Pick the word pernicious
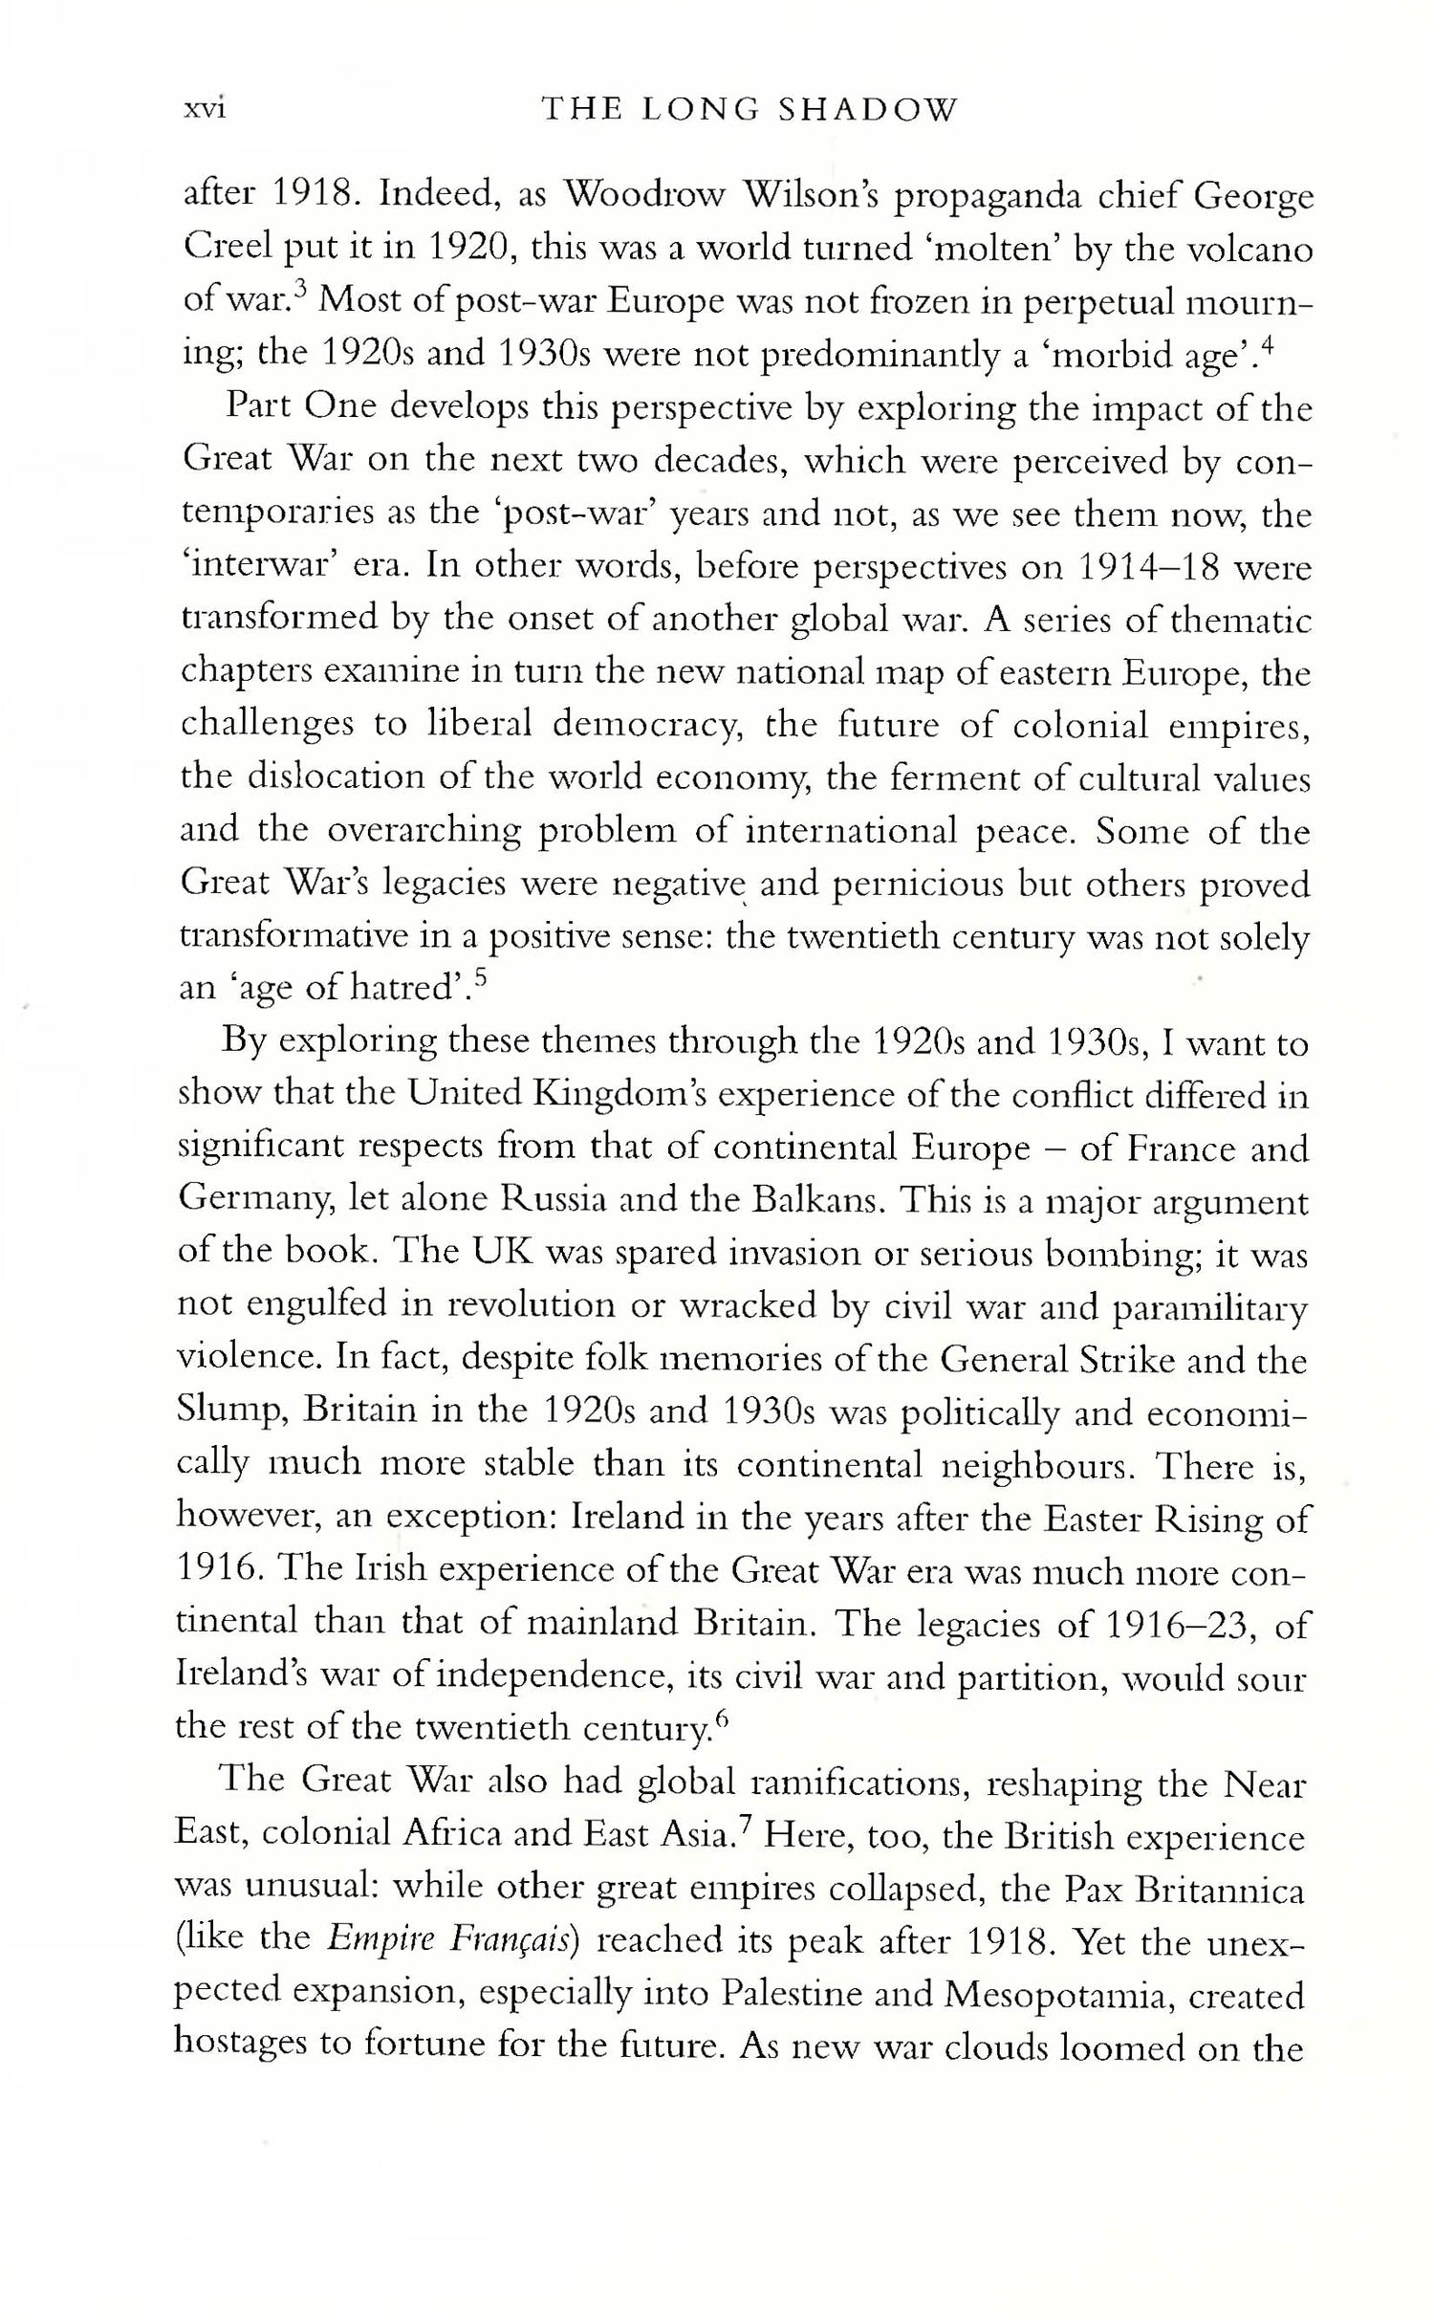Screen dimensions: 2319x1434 click(x=918, y=885)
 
